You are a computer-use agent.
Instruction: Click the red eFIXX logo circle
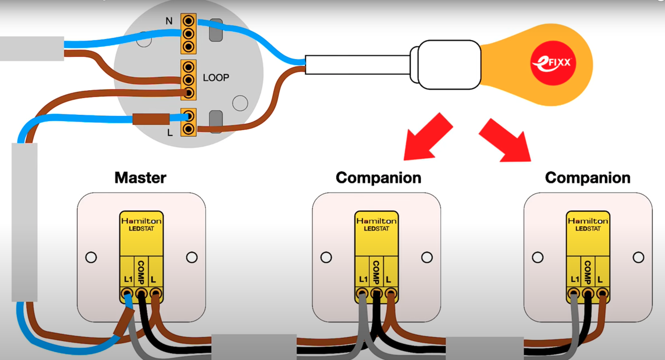coord(553,63)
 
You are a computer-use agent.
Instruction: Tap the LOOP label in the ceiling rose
coord(216,78)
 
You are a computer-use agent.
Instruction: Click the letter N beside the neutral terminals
coord(169,21)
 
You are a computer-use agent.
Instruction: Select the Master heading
coord(140,178)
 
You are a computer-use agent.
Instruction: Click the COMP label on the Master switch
coord(141,272)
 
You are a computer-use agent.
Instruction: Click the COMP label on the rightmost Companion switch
coord(588,272)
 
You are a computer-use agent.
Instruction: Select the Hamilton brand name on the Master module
coord(142,221)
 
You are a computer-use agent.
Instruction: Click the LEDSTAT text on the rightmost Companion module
coord(588,229)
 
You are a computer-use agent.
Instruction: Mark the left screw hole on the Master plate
coord(91,257)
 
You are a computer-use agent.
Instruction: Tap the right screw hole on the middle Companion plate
coord(427,257)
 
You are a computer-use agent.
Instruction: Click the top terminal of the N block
coord(188,21)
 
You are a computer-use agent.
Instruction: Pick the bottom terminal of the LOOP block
coord(188,93)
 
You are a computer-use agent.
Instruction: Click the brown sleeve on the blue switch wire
coord(151,119)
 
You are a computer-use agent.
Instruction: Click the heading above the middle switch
coord(378,178)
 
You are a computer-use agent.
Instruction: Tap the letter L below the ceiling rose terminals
coord(170,133)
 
